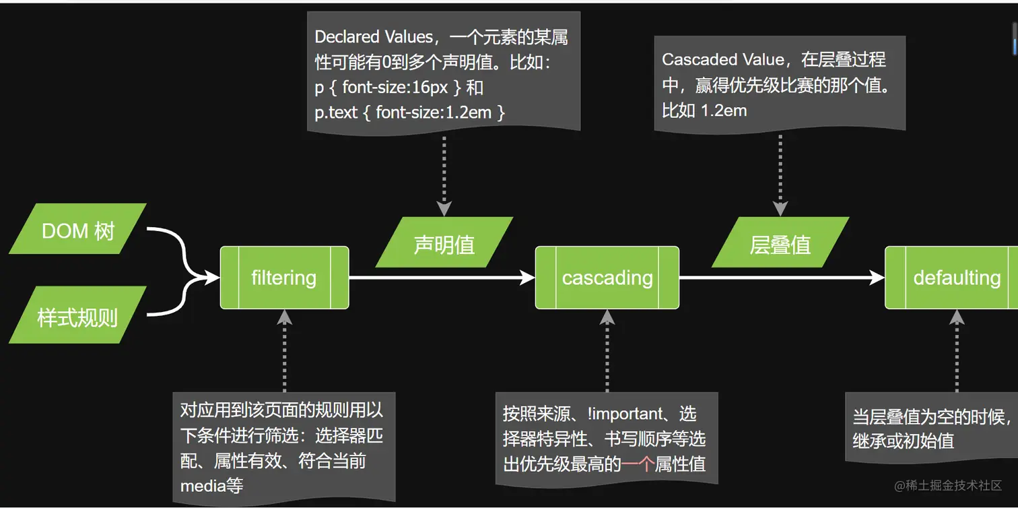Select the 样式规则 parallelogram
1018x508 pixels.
(77, 315)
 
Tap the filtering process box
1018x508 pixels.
(284, 278)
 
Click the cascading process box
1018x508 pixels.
(607, 278)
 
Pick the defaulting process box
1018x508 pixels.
(956, 278)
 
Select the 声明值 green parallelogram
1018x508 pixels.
(444, 243)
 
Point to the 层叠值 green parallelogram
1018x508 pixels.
(780, 243)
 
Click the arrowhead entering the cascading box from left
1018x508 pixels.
(528, 278)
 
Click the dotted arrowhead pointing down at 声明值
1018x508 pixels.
(444, 208)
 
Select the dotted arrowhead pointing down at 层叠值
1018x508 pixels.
(780, 208)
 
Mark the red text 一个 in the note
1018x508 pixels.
(638, 464)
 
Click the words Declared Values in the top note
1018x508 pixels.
(373, 37)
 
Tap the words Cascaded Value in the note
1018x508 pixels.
(723, 59)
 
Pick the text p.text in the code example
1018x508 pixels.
(336, 112)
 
